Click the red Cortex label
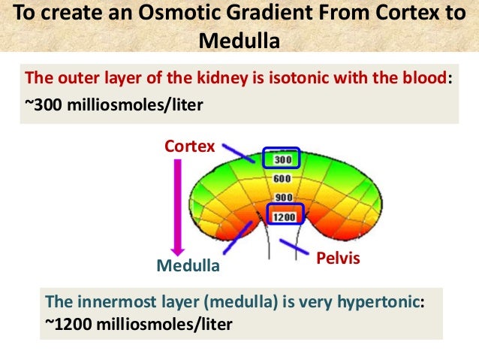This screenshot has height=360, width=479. coord(190,145)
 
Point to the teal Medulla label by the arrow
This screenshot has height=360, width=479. coord(188,266)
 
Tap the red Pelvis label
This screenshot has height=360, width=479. coord(337,259)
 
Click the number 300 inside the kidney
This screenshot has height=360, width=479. coord(282,159)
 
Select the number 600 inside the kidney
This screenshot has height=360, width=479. coord(282,179)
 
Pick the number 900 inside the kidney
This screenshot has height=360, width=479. coord(282,198)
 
